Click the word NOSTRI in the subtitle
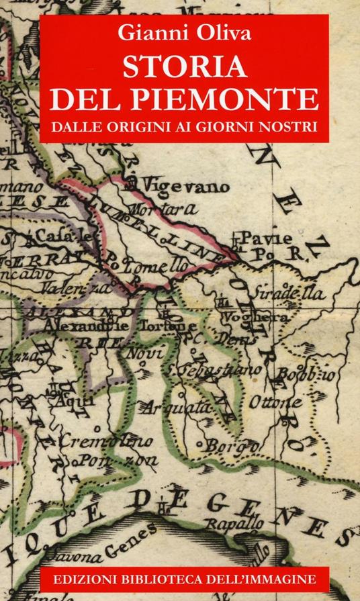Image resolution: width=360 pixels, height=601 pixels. pos(289,127)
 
